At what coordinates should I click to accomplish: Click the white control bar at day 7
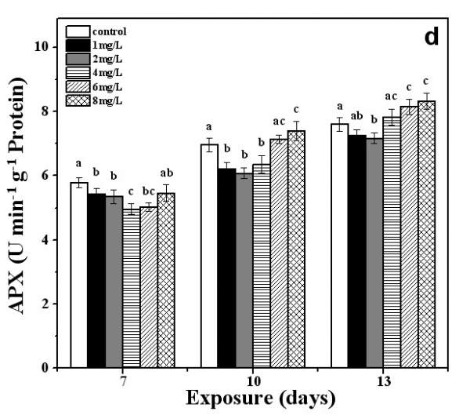[78, 275]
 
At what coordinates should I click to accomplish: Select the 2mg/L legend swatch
[77, 59]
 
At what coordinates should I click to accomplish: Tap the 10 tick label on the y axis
[44, 47]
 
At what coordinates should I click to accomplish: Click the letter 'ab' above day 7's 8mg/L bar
[165, 173]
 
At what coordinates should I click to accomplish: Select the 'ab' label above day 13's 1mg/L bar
[356, 115]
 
